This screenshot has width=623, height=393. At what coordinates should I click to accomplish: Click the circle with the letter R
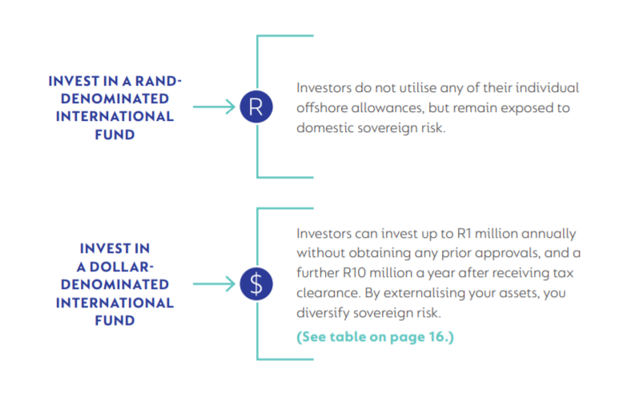pyautogui.click(x=256, y=106)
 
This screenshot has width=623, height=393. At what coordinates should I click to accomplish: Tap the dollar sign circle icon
pyautogui.click(x=256, y=284)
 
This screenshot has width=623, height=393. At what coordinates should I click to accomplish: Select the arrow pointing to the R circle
pyautogui.click(x=214, y=106)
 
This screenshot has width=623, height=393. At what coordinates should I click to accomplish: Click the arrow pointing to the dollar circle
pyautogui.click(x=214, y=284)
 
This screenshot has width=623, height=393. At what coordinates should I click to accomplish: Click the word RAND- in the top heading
pyautogui.click(x=158, y=81)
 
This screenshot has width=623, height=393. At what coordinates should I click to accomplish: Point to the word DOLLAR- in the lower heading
pyautogui.click(x=121, y=267)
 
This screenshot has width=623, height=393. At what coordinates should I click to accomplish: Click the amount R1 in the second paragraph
pyautogui.click(x=464, y=234)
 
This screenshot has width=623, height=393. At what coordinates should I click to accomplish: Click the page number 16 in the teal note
pyautogui.click(x=436, y=337)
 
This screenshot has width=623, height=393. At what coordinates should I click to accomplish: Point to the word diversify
pyautogui.click(x=323, y=313)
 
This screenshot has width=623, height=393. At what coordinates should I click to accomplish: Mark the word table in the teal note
pyautogui.click(x=348, y=337)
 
